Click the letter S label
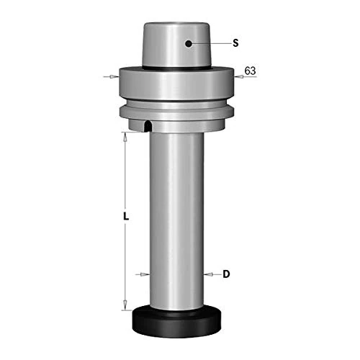(x=235, y=44)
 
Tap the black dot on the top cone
(x=188, y=43)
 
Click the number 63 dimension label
(x=250, y=71)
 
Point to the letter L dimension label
(x=125, y=216)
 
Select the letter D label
(x=226, y=274)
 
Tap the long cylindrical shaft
(x=177, y=216)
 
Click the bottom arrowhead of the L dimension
(x=125, y=302)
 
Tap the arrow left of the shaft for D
(x=145, y=274)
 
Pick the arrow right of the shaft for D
(x=209, y=274)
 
